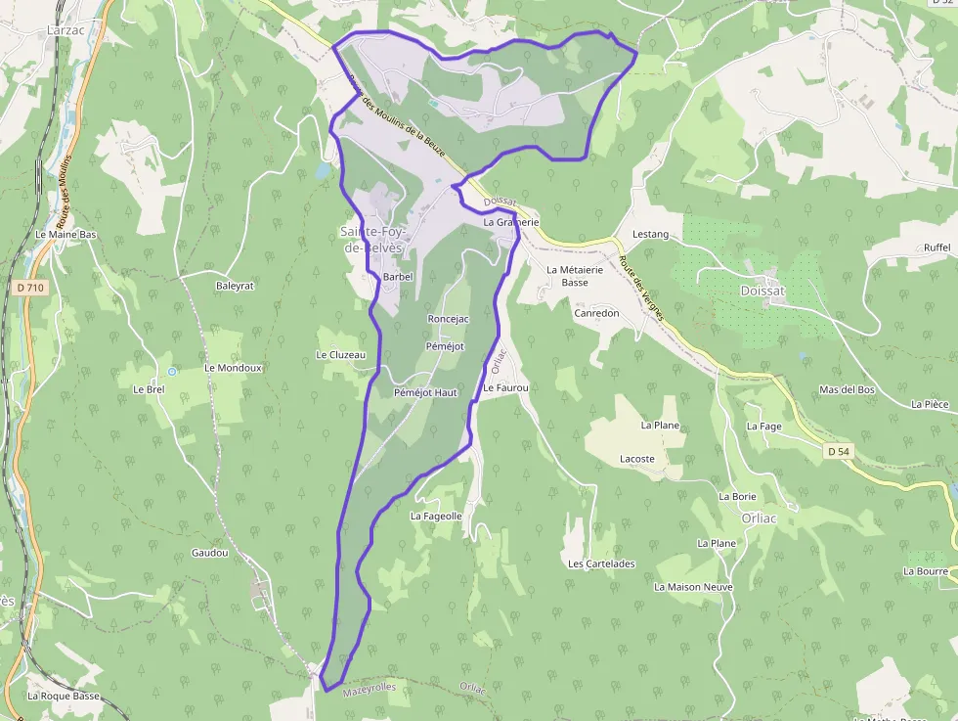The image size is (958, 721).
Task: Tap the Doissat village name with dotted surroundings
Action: [762, 291]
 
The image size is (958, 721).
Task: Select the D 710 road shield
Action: [31, 288]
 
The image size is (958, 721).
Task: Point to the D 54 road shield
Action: [838, 451]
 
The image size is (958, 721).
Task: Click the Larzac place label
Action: [66, 30]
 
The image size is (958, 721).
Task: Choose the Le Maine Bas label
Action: [66, 235]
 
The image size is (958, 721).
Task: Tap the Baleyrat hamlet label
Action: [235, 286]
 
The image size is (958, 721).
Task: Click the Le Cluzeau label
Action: [340, 354]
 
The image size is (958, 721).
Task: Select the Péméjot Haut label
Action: [425, 392]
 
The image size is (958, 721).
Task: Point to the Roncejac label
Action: [449, 319]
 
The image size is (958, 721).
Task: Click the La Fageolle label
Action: [436, 516]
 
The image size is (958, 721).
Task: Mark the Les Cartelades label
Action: [601, 563]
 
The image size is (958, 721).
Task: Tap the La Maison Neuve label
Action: [693, 587]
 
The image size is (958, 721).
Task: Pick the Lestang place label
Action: [651, 235]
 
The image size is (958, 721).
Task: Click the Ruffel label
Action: [936, 248]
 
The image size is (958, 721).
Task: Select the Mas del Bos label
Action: [847, 389]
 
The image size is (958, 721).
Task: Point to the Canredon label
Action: [596, 314]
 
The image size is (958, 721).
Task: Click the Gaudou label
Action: [210, 553]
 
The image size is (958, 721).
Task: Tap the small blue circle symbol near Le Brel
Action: [172, 372]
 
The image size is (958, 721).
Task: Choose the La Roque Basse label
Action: [64, 697]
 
